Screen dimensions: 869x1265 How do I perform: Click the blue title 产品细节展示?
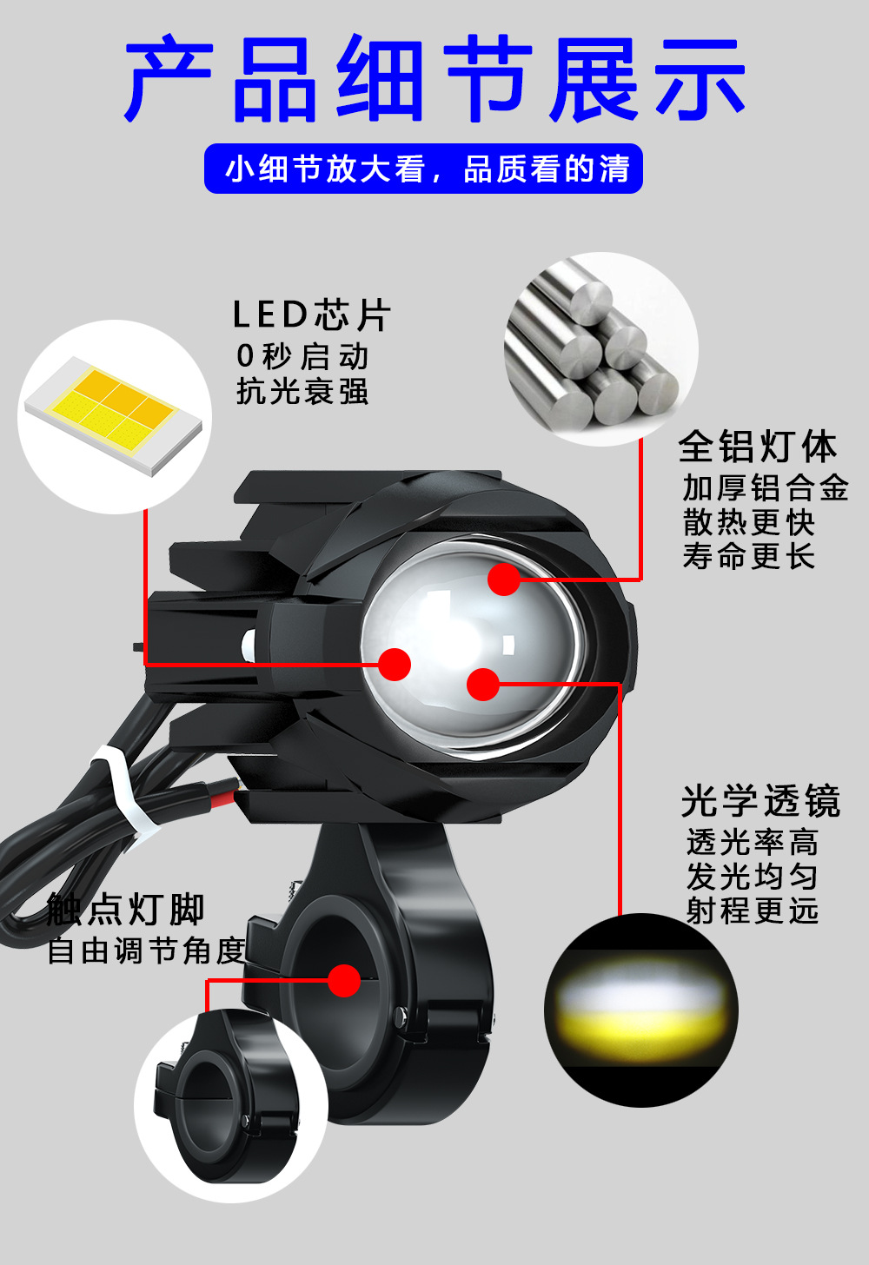(x=434, y=80)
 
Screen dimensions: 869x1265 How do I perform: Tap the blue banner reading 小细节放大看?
(x=423, y=169)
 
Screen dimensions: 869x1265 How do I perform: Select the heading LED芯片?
(x=311, y=315)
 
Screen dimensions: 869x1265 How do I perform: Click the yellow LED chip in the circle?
(x=113, y=408)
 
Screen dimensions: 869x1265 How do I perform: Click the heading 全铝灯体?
(x=757, y=447)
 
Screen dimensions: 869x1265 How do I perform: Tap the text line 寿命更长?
(x=748, y=556)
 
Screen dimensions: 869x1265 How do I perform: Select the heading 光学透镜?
(x=760, y=801)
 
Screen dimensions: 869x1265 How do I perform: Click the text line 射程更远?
(x=752, y=911)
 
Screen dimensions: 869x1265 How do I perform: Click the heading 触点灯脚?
(x=126, y=910)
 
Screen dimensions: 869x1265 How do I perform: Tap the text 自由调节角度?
(x=146, y=950)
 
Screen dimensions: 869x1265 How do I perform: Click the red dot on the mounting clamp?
(x=344, y=981)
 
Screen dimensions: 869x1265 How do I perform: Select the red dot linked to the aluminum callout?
(x=504, y=580)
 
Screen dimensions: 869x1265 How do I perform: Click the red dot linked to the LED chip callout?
(x=395, y=665)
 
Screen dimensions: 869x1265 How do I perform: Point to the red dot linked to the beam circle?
(x=483, y=684)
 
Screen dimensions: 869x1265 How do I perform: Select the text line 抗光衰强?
(x=302, y=392)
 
